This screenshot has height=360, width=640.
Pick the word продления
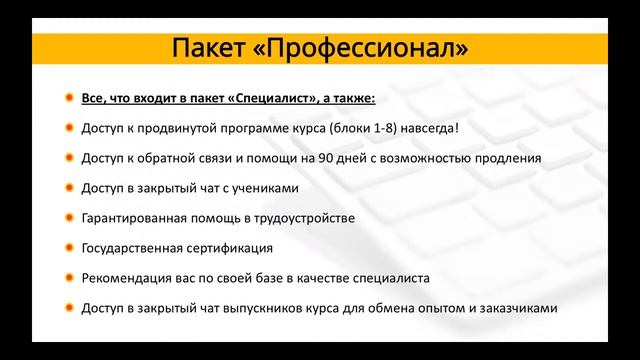click(510, 158)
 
